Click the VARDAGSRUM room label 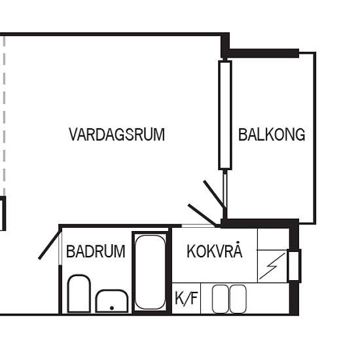pyautogui.click(x=117, y=135)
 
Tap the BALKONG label pyautogui.click(x=272, y=135)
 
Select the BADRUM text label pyautogui.click(x=96, y=251)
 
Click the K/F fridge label pyautogui.click(x=186, y=298)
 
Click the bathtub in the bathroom pyautogui.click(x=150, y=272)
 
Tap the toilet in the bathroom pyautogui.click(x=79, y=293)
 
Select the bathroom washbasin pyautogui.click(x=112, y=301)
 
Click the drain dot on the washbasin pyautogui.click(x=112, y=308)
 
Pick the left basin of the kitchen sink pyautogui.click(x=221, y=299)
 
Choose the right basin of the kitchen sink pyautogui.click(x=238, y=299)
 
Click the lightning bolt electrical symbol pyautogui.click(x=272, y=266)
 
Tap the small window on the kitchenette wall pyautogui.click(x=295, y=266)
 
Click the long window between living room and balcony pyautogui.click(x=225, y=115)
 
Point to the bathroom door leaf pyautogui.click(x=48, y=245)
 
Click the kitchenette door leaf pyautogui.click(x=202, y=215)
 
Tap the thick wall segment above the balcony pyautogui.click(x=262, y=53)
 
